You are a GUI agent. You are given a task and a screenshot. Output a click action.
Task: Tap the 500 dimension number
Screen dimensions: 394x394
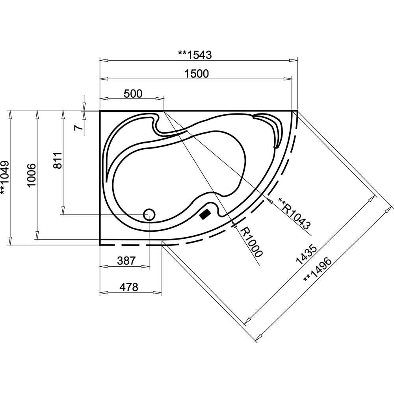(133, 93)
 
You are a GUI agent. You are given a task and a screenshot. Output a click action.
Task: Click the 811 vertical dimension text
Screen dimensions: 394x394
(58, 160)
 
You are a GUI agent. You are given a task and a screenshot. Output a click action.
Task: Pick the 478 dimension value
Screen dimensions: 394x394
(129, 288)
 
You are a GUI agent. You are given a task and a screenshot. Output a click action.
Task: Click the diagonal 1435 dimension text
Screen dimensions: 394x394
(307, 254)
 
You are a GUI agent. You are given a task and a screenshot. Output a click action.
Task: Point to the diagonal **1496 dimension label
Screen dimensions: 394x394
(318, 269)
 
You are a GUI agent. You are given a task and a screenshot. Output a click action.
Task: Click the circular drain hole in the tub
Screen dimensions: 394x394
(149, 214)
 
